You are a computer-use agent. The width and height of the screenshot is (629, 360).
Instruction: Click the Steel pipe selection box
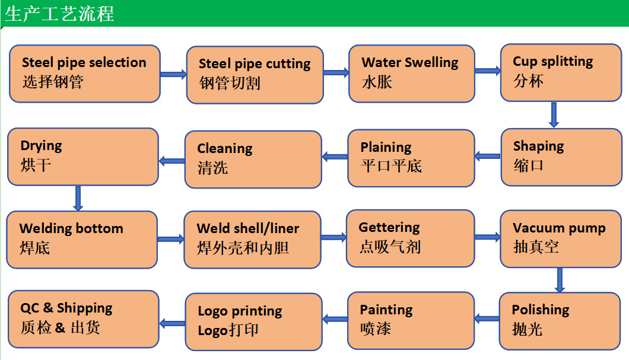[x=84, y=73]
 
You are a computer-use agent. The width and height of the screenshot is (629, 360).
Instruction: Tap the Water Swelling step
[x=411, y=73]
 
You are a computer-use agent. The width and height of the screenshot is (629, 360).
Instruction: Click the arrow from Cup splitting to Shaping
[x=554, y=114]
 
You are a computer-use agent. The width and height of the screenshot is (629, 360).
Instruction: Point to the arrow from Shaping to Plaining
[x=488, y=157]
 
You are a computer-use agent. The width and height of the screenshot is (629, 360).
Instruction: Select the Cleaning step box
[x=253, y=159]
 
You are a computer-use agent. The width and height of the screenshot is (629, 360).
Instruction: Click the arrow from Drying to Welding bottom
[x=78, y=198]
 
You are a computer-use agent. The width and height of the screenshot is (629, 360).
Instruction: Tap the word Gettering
[x=389, y=227]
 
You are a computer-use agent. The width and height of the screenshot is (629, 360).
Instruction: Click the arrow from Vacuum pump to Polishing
[x=560, y=280]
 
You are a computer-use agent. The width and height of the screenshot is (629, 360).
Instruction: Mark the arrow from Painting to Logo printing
[x=335, y=320]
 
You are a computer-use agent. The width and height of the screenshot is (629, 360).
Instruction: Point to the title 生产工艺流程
[x=59, y=13]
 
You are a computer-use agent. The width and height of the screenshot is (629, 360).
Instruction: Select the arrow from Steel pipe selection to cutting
[x=173, y=74]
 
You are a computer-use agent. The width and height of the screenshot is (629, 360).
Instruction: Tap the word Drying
[x=41, y=146]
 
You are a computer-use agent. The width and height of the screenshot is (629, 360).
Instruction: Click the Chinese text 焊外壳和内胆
[x=243, y=247]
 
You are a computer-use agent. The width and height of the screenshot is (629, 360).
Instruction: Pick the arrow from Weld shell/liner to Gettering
[x=333, y=238]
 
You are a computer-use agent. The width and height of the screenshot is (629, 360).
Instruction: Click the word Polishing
[x=540, y=310]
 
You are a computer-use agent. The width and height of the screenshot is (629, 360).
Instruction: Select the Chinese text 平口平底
[x=391, y=165]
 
